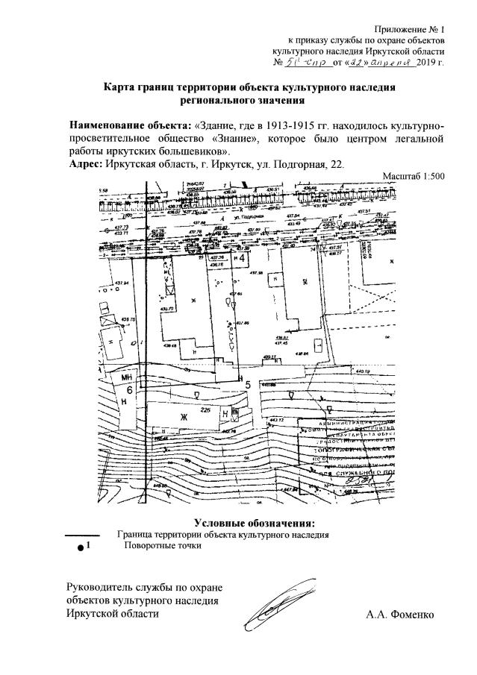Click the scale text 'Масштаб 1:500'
coord(413,177)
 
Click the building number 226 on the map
coord(205,411)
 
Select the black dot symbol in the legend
coord(81,548)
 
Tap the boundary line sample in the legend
coord(83,535)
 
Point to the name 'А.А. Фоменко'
coord(399,615)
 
